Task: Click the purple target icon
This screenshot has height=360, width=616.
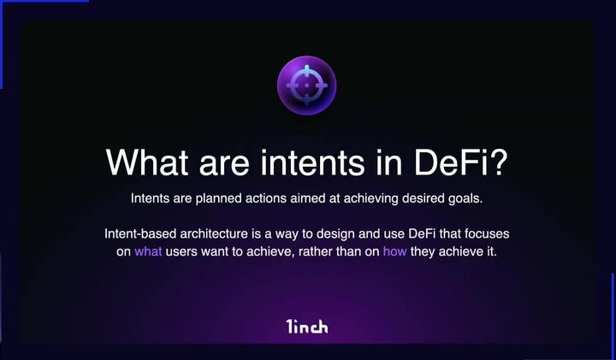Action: pyautogui.click(x=306, y=83)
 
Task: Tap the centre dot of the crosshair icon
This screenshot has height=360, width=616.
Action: pyautogui.click(x=306, y=83)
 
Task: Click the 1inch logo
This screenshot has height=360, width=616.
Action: pyautogui.click(x=307, y=326)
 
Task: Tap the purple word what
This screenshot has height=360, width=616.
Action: pyautogui.click(x=148, y=252)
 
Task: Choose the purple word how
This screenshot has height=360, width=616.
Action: pyautogui.click(x=394, y=252)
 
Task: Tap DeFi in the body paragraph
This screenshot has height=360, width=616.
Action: pyautogui.click(x=402, y=233)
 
